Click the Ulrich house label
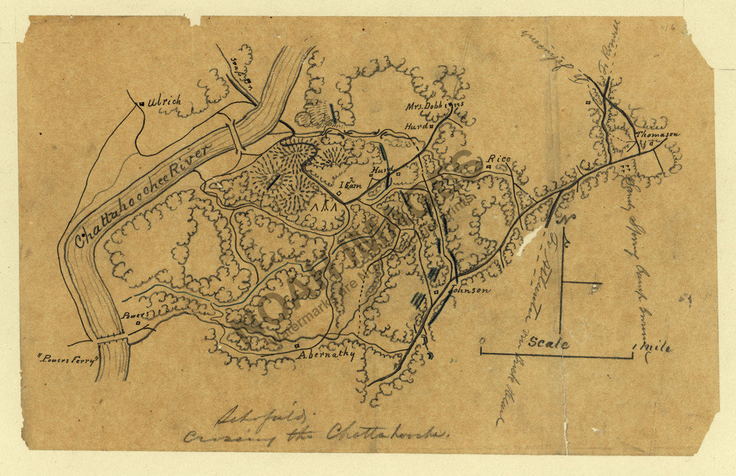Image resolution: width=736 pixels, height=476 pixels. (163, 102)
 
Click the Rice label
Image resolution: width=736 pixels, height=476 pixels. (500, 159)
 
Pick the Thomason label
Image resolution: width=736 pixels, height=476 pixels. (657, 135)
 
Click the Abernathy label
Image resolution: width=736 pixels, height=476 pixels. (326, 354)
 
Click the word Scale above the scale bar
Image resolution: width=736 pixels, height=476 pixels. (548, 343)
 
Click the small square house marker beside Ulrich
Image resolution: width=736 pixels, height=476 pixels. (141, 104)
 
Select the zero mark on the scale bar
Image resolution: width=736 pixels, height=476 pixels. (481, 341)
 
